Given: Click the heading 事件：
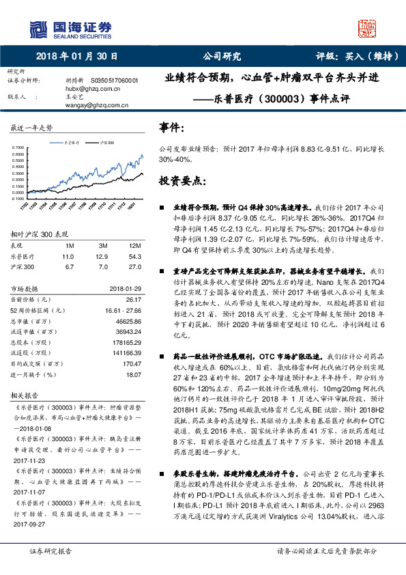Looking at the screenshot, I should coord(172,128).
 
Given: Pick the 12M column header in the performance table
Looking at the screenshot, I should coord(134,244).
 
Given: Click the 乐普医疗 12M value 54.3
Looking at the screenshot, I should coord(134,256).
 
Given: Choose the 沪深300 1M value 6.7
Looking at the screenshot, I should coord(68,267).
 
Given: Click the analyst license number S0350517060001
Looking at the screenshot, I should coord(114,81).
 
